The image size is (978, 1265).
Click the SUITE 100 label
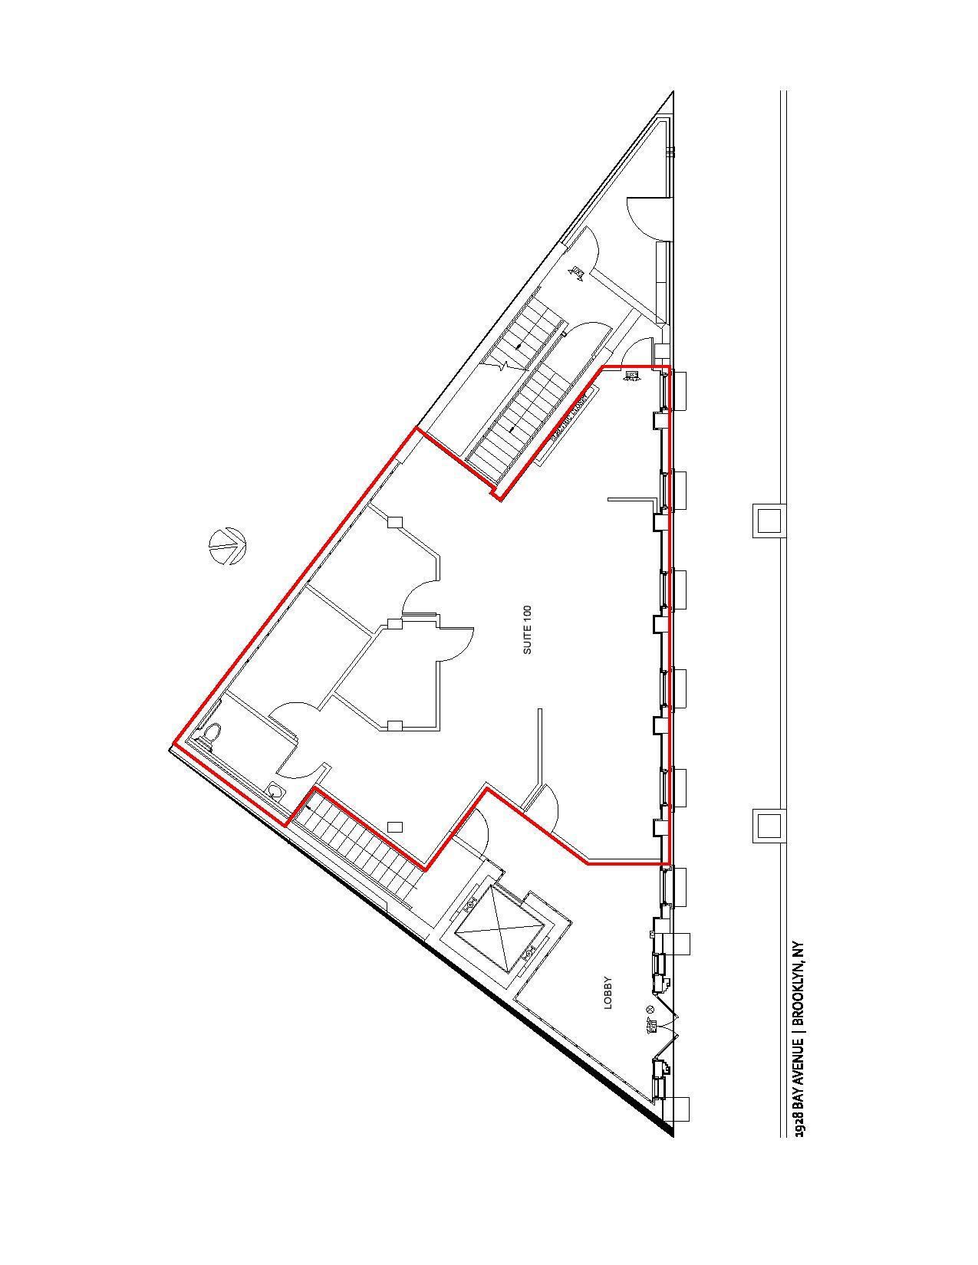(x=527, y=629)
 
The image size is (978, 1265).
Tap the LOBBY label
(x=608, y=992)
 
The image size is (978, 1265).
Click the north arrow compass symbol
(x=227, y=546)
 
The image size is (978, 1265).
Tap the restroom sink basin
(x=275, y=790)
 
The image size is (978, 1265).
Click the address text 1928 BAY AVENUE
(x=799, y=1082)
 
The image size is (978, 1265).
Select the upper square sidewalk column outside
(x=768, y=520)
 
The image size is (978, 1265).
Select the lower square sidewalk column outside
(x=768, y=826)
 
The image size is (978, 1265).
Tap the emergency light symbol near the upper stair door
(x=577, y=271)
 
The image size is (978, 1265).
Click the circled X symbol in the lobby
(x=650, y=1009)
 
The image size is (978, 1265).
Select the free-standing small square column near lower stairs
(x=395, y=826)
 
